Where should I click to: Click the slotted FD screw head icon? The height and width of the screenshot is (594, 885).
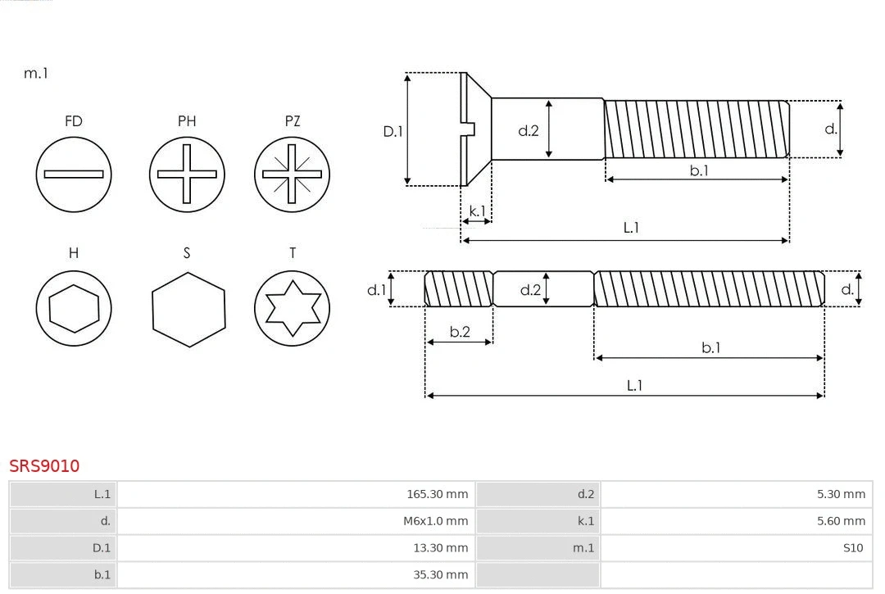pyautogui.click(x=74, y=174)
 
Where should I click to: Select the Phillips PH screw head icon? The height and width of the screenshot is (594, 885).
pyautogui.click(x=187, y=174)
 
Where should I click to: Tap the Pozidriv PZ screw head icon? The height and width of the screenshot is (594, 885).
pyautogui.click(x=292, y=174)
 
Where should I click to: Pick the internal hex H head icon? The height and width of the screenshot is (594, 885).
pyautogui.click(x=74, y=309)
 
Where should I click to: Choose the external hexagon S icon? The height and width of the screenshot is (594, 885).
pyautogui.click(x=188, y=309)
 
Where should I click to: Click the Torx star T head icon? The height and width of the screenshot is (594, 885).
pyautogui.click(x=292, y=309)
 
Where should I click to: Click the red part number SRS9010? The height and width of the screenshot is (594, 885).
pyautogui.click(x=44, y=465)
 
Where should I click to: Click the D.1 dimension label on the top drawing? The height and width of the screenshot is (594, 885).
pyautogui.click(x=393, y=131)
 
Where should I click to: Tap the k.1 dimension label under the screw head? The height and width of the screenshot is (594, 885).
pyautogui.click(x=476, y=211)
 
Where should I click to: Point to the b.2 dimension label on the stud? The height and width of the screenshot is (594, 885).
pyautogui.click(x=460, y=332)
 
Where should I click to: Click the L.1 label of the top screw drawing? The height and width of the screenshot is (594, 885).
pyautogui.click(x=631, y=228)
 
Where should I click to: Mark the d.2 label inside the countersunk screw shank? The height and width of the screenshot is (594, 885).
pyautogui.click(x=529, y=130)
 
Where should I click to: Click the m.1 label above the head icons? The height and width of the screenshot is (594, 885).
pyautogui.click(x=36, y=73)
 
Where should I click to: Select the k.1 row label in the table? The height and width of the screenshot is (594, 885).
pyautogui.click(x=585, y=521)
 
